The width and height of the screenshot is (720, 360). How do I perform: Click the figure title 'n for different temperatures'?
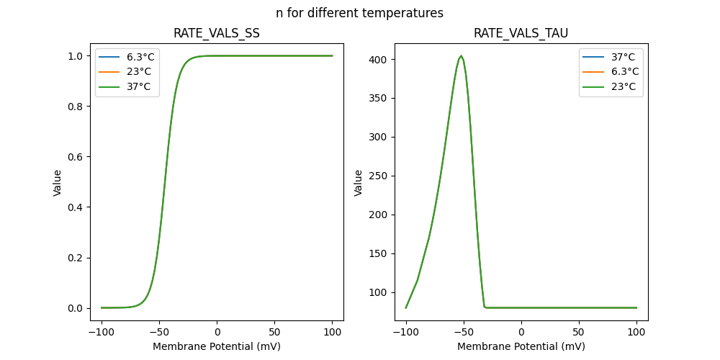[x=359, y=13]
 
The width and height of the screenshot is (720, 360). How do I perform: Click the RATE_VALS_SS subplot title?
[x=217, y=33]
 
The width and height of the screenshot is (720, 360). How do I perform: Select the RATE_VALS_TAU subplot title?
[x=521, y=33]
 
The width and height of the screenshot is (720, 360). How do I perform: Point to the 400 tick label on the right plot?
[x=379, y=59]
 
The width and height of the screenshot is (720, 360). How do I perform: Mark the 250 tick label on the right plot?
[x=379, y=176]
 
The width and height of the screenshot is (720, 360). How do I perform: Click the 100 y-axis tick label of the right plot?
[x=379, y=292]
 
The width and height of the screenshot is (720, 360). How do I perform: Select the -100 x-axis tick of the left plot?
[x=102, y=332]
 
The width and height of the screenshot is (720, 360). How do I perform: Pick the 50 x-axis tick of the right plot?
[x=579, y=332]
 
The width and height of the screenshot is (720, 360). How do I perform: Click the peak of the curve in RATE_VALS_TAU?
[x=462, y=55]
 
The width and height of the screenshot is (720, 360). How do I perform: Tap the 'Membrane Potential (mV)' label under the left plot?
[x=217, y=346]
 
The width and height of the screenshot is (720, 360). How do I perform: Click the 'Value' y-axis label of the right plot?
[x=359, y=182]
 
